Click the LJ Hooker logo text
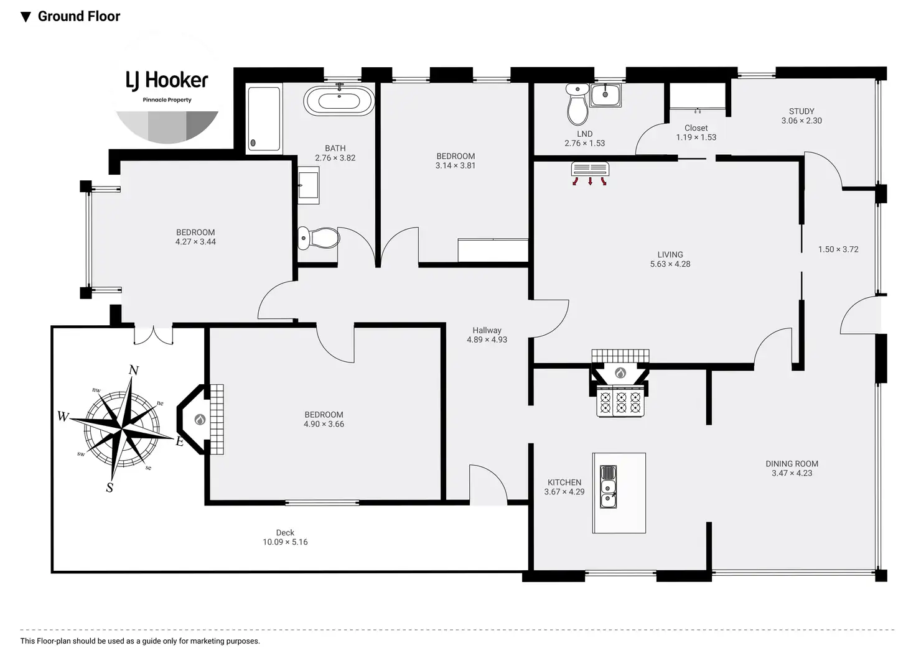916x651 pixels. pos(167,80)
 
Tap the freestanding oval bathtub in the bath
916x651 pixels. pos(339,101)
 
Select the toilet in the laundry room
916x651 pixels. pos(577,105)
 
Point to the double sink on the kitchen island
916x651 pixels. pos(608,486)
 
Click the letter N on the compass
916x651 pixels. pos(133,371)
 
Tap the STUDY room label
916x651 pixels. pos(801,111)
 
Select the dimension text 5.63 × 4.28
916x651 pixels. pos(670,264)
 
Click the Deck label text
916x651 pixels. pos(285,533)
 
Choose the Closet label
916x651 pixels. pos(696,128)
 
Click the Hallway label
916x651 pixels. pos(487,331)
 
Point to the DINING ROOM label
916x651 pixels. pos(792,464)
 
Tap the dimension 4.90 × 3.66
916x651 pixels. pos(324,424)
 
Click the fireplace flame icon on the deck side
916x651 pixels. pos(200,420)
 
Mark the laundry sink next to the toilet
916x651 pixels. pos(605,95)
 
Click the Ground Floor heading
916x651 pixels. pos(78,17)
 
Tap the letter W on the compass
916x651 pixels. pos(63,417)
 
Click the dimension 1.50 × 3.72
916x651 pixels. pos(838,249)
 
